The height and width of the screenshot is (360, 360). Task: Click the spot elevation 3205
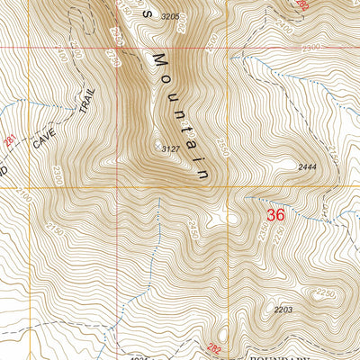[x=170, y=17]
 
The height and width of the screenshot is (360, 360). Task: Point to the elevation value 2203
[x=284, y=309]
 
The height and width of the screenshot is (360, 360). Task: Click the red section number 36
[x=276, y=216]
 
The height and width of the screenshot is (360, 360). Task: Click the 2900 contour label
[x=115, y=36]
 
